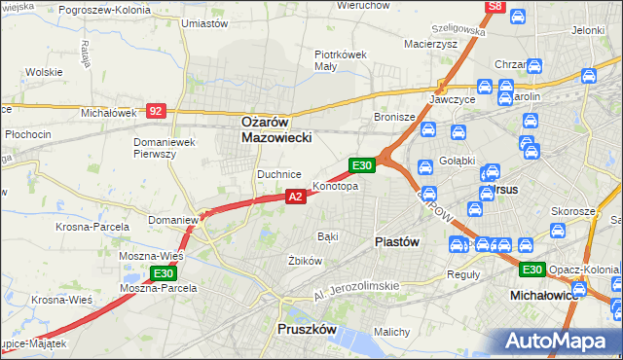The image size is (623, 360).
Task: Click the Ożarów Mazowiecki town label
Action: pyautogui.click(x=275, y=130)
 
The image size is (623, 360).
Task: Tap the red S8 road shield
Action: pyautogui.click(x=495, y=6)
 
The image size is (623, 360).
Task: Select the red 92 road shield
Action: pyautogui.click(x=156, y=111)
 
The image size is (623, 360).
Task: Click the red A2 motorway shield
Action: pyautogui.click(x=297, y=197)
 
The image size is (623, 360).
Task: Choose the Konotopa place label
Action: pyautogui.click(x=335, y=186)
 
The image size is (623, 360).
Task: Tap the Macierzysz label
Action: pyautogui.click(x=431, y=44)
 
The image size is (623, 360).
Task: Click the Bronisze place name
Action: pyautogui.click(x=395, y=117)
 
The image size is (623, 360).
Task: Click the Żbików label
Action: pyautogui.click(x=305, y=261)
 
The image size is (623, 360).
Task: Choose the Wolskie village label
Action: pyautogui.click(x=44, y=72)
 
